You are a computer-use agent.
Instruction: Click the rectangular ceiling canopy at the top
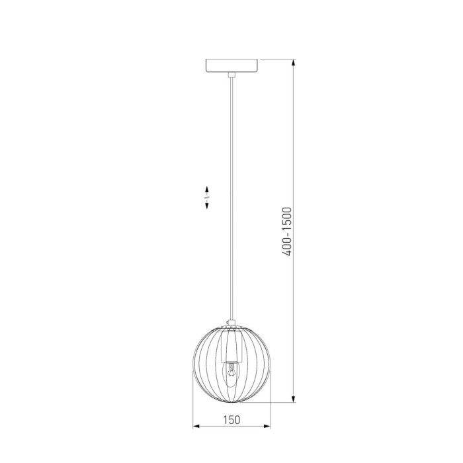tap(232, 65)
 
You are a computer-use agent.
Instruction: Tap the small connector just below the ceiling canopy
tap(232, 75)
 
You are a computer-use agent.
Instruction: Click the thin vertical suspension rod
tap(232, 198)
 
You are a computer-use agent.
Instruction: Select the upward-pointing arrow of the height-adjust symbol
tap(206, 189)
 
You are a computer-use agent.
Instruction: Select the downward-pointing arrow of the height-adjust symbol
tap(206, 206)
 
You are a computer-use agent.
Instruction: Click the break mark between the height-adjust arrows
tap(206, 198)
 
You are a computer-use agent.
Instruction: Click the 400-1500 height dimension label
tap(286, 232)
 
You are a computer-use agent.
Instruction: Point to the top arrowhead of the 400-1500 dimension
tap(293, 63)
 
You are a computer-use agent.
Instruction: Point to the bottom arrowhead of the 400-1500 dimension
tap(293, 399)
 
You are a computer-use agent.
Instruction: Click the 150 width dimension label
tap(232, 419)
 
